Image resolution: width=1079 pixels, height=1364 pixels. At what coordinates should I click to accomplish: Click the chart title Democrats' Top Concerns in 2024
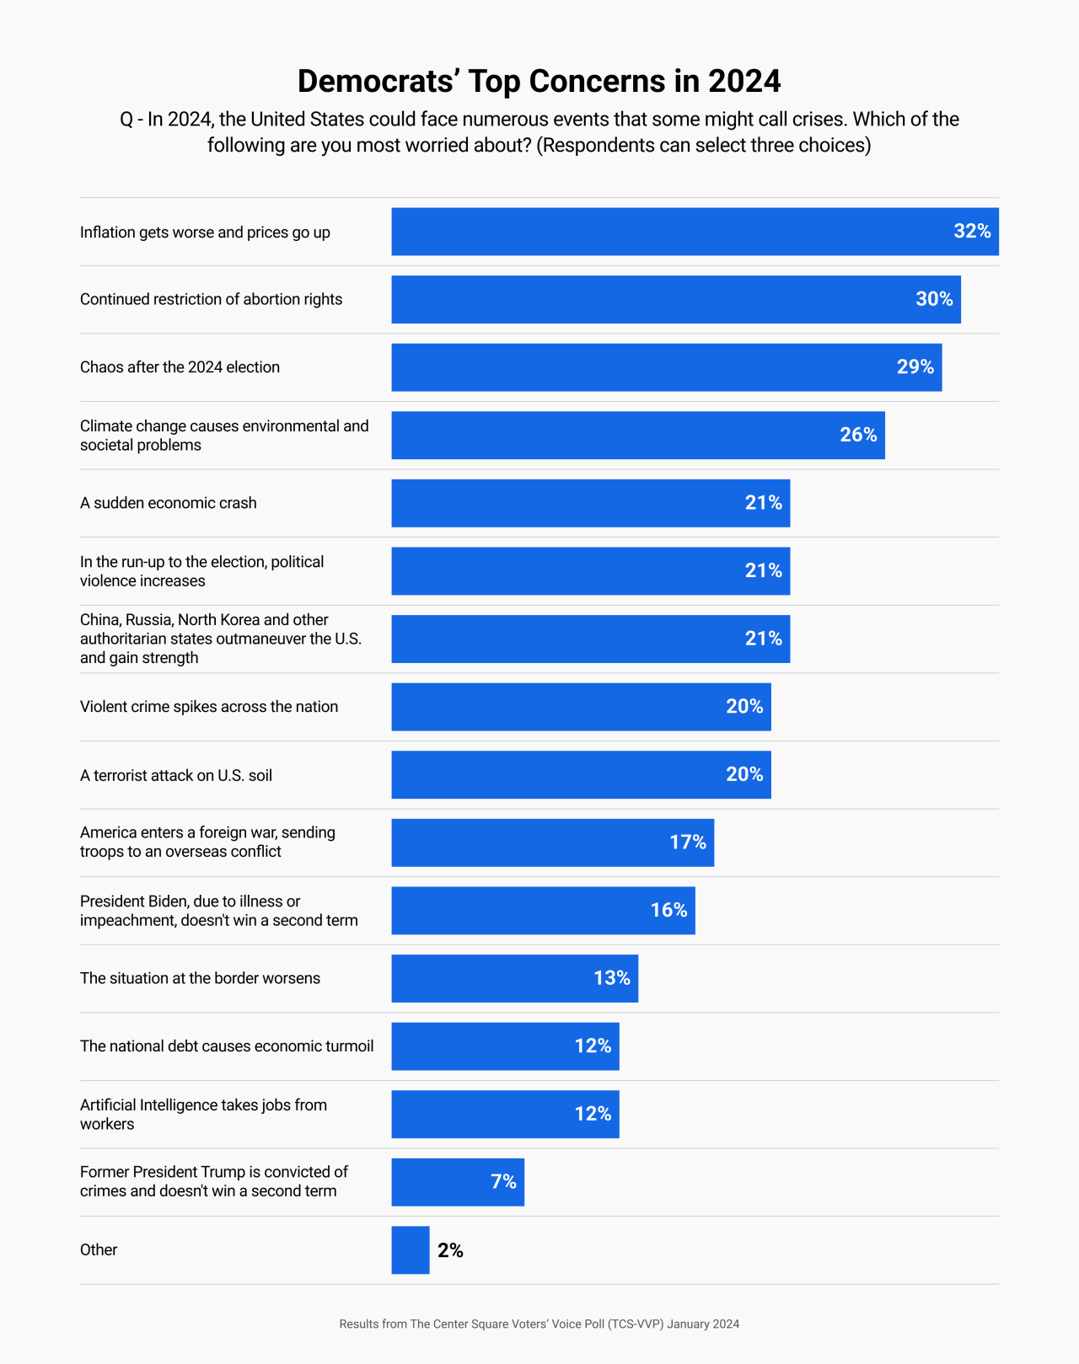(539, 81)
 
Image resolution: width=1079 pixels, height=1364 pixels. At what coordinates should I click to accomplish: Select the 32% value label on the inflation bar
(971, 232)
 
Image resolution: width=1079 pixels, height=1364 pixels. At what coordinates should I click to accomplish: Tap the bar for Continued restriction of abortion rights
(674, 299)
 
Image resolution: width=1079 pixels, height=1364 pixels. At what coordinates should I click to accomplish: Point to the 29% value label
(915, 367)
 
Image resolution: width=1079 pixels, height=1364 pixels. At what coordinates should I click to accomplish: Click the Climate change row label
(224, 436)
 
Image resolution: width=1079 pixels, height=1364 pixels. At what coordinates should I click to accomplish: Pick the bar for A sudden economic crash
(590, 503)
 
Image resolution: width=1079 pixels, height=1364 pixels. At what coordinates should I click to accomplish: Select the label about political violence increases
(201, 571)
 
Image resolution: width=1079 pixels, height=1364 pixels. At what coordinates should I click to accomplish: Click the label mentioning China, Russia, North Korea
(221, 639)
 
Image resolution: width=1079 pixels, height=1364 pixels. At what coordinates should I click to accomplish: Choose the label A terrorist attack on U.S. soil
(176, 775)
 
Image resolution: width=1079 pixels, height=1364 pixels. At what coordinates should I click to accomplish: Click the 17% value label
(687, 842)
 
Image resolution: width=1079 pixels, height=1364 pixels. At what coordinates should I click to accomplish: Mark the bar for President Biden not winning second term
(543, 911)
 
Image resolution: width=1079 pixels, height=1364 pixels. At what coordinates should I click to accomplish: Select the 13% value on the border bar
(611, 978)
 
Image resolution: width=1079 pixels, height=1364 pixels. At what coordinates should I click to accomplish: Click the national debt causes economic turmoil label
(227, 1046)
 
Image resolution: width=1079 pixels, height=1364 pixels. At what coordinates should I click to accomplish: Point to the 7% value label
(503, 1182)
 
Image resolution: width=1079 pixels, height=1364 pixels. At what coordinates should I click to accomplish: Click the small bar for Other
(411, 1250)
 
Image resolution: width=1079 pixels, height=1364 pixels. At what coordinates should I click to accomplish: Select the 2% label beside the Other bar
(450, 1250)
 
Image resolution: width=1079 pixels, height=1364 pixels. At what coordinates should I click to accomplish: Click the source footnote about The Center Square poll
(539, 1324)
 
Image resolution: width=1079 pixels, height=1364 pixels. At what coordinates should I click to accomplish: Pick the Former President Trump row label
(214, 1181)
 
